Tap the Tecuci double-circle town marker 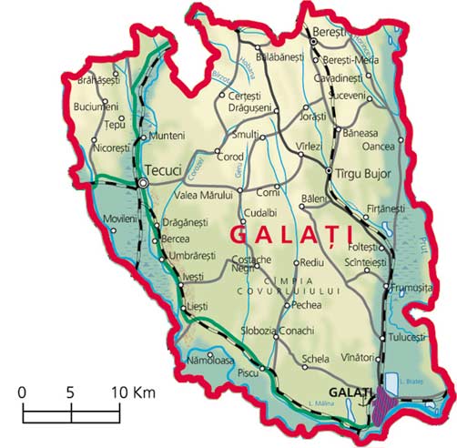[x=143, y=183]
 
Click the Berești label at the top [x=330, y=31]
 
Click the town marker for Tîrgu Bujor [x=329, y=171]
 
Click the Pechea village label [x=305, y=305]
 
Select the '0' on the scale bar [x=22, y=392]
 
